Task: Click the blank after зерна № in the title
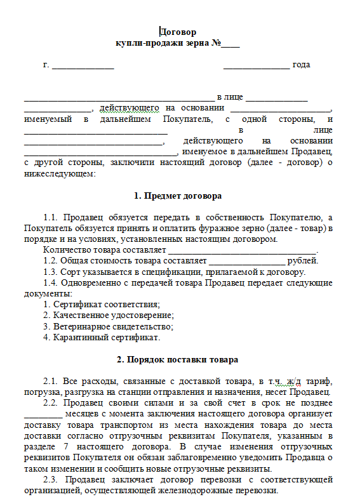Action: pos(230,44)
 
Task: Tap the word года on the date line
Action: pos(301,65)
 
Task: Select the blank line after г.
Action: pos(83,66)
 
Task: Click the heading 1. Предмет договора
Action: pos(178,196)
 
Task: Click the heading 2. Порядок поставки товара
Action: pos(178,360)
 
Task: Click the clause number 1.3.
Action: pos(50,272)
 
